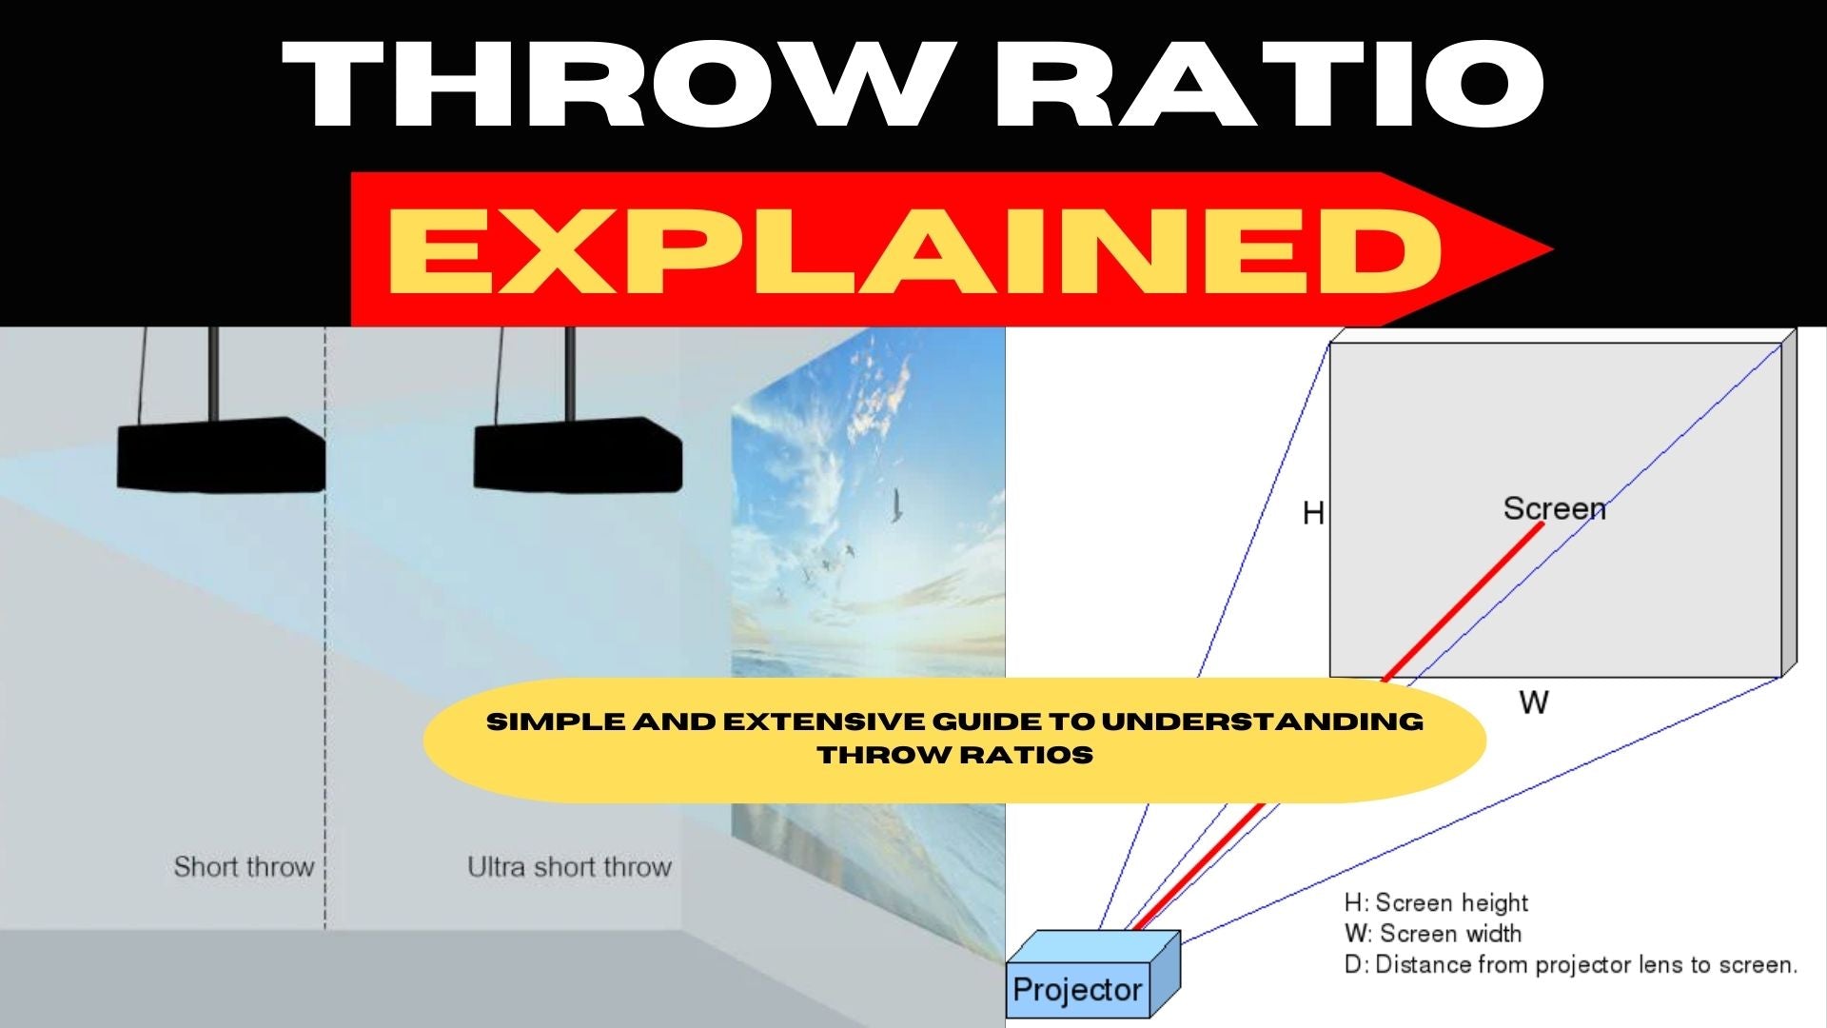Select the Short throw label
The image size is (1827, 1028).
[244, 867]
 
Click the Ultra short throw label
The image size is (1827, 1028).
[569, 867]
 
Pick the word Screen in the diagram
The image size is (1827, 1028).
[1554, 508]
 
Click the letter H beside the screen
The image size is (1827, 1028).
[1313, 514]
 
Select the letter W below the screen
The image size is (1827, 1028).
[1533, 702]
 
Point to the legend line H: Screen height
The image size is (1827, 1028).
[1435, 902]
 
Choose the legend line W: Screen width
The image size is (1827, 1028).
[1432, 934]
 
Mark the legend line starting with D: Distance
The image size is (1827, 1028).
[1570, 965]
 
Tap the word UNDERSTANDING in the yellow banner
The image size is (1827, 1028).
[1263, 722]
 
